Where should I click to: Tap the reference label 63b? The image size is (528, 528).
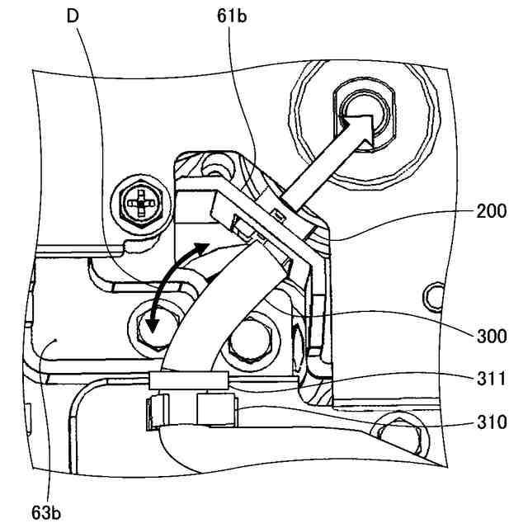47,512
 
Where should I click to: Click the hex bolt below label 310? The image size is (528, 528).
399,431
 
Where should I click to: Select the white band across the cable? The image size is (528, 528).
189,380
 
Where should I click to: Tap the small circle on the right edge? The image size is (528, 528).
429,293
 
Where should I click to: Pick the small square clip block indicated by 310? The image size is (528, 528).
217,410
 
